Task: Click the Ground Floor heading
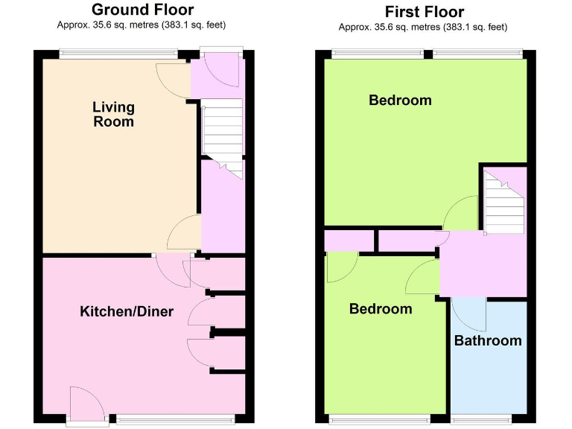pyautogui.click(x=142, y=10)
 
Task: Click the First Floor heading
pyautogui.click(x=424, y=12)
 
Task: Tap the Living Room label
pyautogui.click(x=113, y=115)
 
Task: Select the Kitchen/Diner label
pyautogui.click(x=126, y=311)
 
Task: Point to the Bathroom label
pyautogui.click(x=488, y=341)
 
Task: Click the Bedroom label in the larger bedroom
pyautogui.click(x=400, y=100)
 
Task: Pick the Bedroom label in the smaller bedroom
pyautogui.click(x=381, y=308)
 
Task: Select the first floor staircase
pyautogui.click(x=503, y=200)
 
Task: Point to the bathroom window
pyautogui.click(x=481, y=418)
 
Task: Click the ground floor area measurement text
pyautogui.click(x=142, y=25)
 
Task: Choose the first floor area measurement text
pyautogui.click(x=423, y=28)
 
